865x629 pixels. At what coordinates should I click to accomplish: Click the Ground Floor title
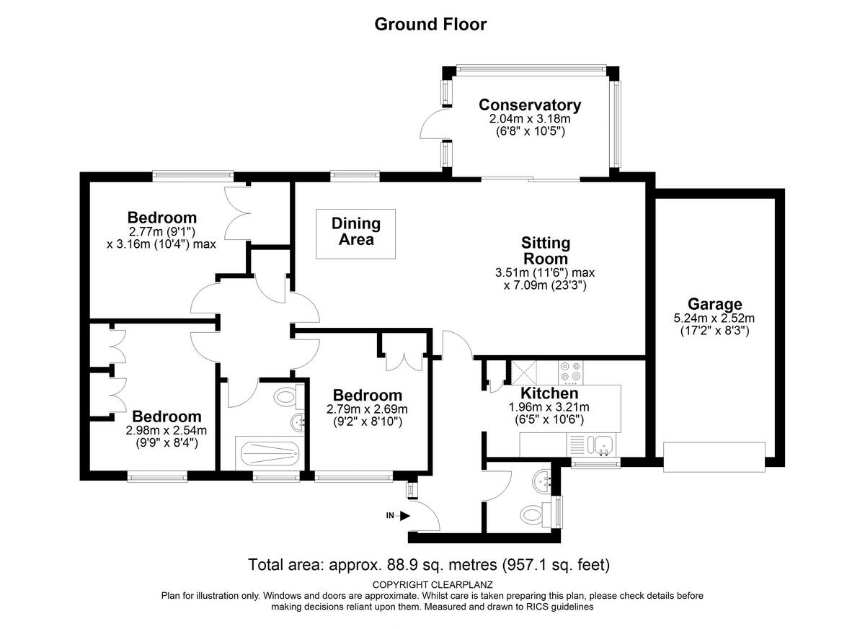[430, 24]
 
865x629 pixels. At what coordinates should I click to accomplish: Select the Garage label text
[714, 304]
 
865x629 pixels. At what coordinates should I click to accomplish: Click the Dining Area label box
[355, 234]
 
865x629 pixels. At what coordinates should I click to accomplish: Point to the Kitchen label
[549, 393]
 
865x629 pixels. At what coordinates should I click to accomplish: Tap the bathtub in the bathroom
[270, 454]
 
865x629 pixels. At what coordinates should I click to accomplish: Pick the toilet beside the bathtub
[288, 397]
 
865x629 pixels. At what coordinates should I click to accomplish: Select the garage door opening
[714, 458]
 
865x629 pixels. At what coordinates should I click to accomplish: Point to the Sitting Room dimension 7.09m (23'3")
[545, 285]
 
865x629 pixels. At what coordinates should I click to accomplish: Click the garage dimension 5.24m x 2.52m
[714, 318]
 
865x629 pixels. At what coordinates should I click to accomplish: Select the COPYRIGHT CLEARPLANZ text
[432, 585]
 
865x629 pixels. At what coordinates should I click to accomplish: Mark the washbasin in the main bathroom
[298, 422]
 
